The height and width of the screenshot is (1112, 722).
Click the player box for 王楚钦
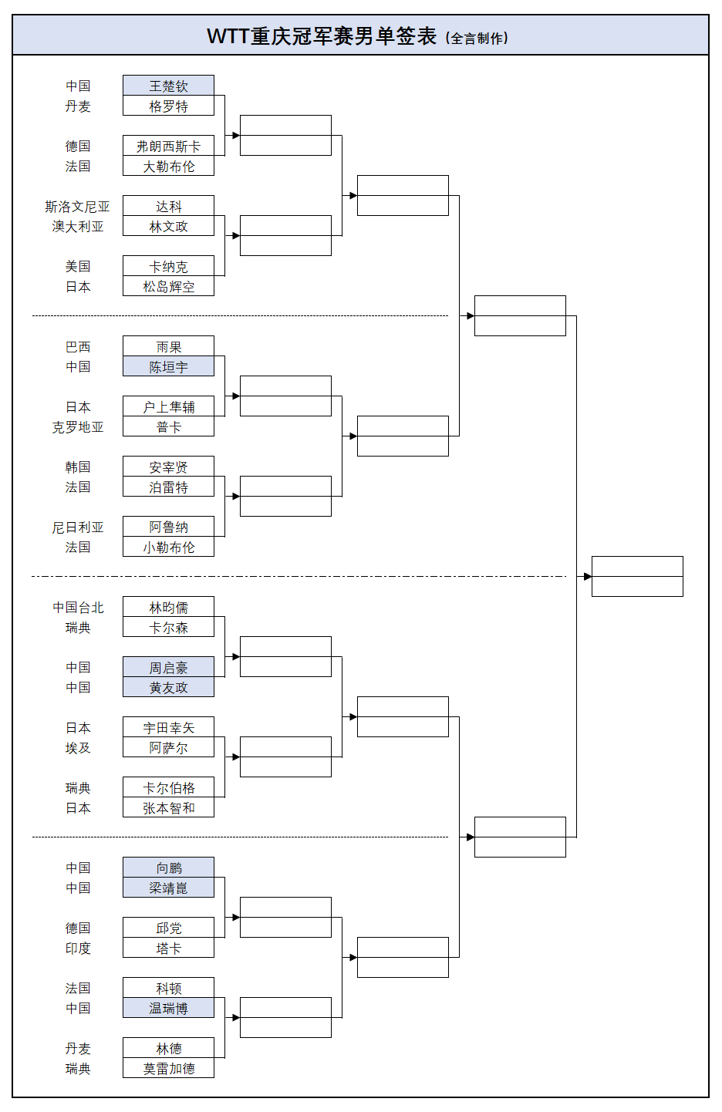click(168, 86)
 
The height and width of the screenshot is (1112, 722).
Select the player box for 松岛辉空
click(168, 286)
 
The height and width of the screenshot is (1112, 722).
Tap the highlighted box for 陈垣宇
click(168, 366)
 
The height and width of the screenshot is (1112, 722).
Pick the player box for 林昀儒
click(168, 607)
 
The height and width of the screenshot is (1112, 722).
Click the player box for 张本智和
click(168, 807)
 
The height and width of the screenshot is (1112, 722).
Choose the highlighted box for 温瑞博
click(168, 1008)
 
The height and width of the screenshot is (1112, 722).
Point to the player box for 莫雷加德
click(168, 1068)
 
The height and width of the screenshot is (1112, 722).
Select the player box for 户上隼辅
click(168, 406)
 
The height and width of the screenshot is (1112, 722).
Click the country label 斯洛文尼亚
click(77, 206)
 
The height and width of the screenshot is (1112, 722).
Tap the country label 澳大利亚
click(77, 226)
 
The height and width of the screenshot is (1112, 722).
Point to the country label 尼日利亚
click(77, 527)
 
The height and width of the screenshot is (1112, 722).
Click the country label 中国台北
click(77, 607)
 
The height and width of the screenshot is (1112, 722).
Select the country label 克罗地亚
click(77, 426)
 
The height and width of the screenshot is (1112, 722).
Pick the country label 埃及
click(77, 747)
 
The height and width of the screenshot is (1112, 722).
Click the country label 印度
click(77, 948)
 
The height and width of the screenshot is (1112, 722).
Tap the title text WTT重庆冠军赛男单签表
click(322, 36)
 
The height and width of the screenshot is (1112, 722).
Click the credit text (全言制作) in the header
click(477, 38)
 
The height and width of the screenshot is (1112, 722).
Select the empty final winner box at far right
click(637, 576)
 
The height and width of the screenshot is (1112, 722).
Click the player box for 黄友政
click(168, 687)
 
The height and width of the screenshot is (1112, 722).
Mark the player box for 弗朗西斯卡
click(168, 146)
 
